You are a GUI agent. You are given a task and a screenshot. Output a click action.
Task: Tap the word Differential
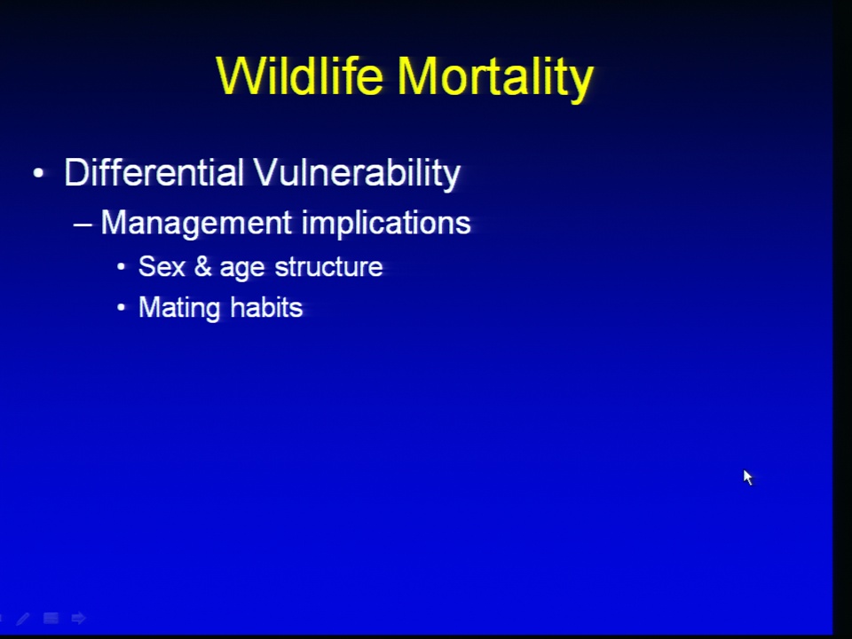[x=154, y=172]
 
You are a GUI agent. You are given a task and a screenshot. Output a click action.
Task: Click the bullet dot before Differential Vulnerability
[x=38, y=173]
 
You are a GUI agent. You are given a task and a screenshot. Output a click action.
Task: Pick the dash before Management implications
[x=83, y=224]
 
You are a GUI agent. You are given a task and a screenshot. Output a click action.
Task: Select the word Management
[x=197, y=224]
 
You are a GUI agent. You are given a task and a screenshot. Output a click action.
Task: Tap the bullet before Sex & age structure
[x=122, y=267]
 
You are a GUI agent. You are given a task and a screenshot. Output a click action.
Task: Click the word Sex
[x=162, y=267]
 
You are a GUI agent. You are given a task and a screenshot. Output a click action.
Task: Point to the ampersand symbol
[x=202, y=267]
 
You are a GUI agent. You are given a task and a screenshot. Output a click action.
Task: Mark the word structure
[x=328, y=267]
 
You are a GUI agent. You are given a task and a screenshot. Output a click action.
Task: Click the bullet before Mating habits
[x=122, y=308]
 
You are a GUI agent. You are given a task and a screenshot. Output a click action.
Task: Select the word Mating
[x=179, y=309]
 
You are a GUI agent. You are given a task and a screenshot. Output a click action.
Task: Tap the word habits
[x=266, y=307]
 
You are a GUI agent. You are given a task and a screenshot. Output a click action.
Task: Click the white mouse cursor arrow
[x=747, y=477]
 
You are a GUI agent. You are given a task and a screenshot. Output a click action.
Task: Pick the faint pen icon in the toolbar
[x=23, y=619]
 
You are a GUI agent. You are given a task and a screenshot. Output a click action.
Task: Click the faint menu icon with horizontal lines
[x=51, y=618]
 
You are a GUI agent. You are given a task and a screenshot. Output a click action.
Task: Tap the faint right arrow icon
[x=79, y=618]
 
